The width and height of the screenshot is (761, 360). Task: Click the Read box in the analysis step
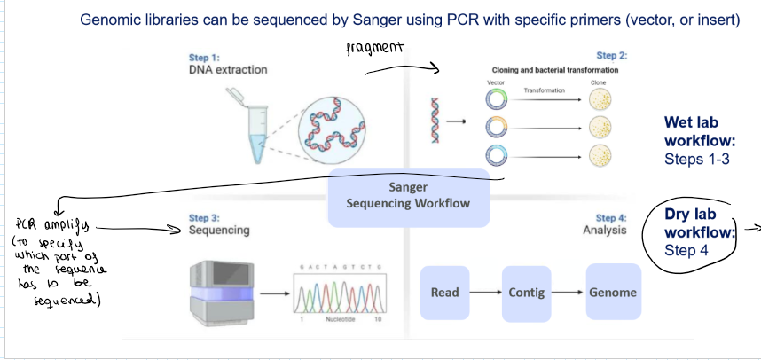click(444, 293)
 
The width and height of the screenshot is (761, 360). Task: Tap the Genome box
click(611, 293)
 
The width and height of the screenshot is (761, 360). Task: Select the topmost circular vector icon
click(497, 99)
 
